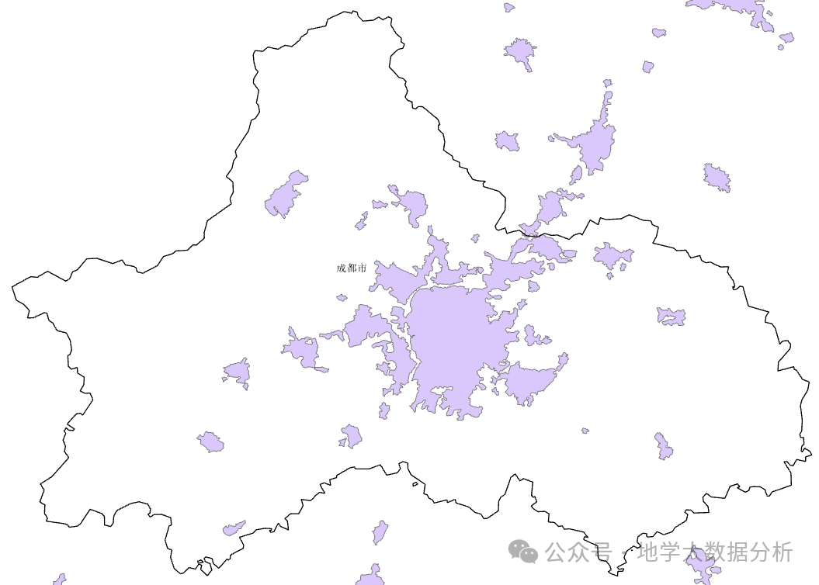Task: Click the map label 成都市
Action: click(x=351, y=268)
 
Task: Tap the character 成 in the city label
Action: click(x=341, y=268)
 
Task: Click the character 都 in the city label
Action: click(x=351, y=268)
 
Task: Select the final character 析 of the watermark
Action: click(x=783, y=552)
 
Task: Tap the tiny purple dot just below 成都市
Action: click(x=342, y=297)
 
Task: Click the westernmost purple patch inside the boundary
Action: click(x=210, y=443)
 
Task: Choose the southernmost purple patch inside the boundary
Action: click(x=233, y=529)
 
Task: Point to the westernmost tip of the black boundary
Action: click(x=12, y=289)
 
